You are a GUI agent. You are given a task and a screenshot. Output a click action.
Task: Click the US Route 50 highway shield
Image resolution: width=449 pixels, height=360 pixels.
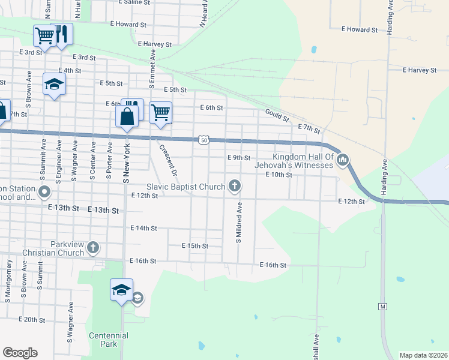point(205,140)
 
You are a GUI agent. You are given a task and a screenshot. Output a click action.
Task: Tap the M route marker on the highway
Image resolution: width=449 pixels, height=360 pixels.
point(382,307)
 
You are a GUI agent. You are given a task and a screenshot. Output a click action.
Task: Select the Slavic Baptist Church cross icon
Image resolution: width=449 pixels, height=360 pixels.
point(235,187)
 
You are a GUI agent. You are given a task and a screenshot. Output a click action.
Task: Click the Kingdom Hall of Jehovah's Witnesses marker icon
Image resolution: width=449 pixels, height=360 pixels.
point(343,159)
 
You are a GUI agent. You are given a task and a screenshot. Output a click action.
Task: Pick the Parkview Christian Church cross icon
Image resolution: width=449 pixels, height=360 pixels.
point(93,247)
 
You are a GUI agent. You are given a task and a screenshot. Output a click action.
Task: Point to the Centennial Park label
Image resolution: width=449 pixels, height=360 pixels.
point(109,340)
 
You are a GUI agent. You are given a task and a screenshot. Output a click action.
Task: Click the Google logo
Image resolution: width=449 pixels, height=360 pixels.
point(20,353)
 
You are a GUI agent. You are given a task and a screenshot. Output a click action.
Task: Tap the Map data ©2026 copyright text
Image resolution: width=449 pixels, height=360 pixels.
point(423,355)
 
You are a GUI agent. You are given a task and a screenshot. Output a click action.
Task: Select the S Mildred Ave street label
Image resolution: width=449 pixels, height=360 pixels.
point(238,222)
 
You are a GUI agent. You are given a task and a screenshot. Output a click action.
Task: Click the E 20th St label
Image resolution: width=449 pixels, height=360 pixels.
point(32,320)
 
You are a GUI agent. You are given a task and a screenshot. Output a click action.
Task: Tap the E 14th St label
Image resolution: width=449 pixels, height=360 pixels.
point(143,229)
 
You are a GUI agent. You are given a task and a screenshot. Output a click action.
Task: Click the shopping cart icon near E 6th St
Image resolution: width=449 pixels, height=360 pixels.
point(160,112)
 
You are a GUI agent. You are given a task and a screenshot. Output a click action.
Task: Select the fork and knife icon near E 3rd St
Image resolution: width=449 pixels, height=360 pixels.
point(62,34)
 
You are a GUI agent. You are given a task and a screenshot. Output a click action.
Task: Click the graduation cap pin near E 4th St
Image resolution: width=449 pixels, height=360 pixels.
point(54,84)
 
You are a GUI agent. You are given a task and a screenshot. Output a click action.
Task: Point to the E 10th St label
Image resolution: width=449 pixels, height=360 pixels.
point(279,175)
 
